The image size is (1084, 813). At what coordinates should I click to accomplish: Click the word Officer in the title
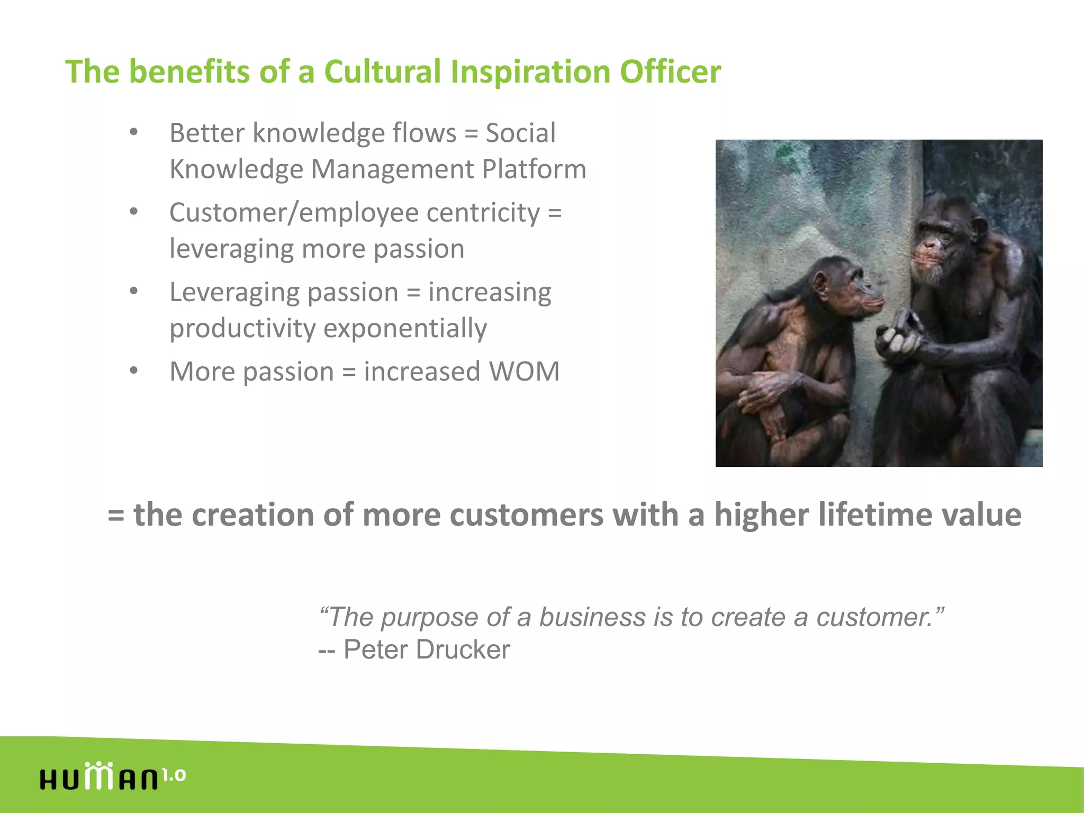tap(670, 71)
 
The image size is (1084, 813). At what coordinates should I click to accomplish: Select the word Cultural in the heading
tap(382, 71)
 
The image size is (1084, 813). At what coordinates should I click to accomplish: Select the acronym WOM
tap(524, 372)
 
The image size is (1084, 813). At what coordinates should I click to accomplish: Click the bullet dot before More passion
tap(134, 371)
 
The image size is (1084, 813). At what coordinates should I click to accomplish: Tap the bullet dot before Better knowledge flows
tap(134, 132)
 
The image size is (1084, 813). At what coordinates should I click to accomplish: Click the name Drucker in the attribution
tap(463, 649)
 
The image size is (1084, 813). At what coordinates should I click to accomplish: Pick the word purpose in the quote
tap(429, 618)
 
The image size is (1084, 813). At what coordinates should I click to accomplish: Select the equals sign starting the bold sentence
tap(116, 516)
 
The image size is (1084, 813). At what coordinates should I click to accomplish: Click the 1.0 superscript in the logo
tap(174, 775)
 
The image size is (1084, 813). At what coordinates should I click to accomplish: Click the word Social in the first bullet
tap(520, 133)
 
